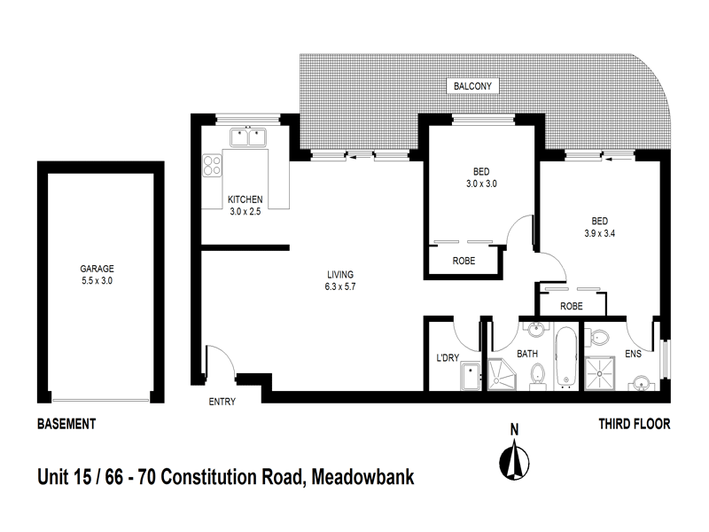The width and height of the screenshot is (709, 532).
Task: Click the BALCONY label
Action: (x=473, y=86)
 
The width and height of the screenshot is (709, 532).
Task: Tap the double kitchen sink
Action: (x=247, y=137)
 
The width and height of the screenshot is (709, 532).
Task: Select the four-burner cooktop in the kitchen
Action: (x=213, y=165)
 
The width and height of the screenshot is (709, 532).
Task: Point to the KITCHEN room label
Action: (x=245, y=199)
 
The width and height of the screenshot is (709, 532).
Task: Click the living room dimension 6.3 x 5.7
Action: (x=341, y=286)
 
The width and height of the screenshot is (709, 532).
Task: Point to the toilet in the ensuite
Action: (x=598, y=337)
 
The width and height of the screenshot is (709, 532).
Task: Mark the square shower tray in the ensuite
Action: (x=606, y=375)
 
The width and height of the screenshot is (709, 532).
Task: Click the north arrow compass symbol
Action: (x=512, y=456)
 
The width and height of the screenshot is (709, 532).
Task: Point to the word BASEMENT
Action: (x=66, y=425)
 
